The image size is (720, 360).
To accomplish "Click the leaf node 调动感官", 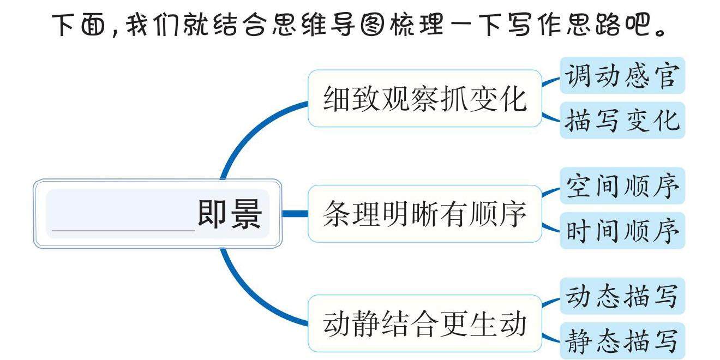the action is [x=622, y=76].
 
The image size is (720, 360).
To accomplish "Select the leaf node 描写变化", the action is [x=622, y=121].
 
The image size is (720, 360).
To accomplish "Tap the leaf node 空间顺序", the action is [x=622, y=186].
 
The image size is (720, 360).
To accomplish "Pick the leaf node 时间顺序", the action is [x=622, y=231].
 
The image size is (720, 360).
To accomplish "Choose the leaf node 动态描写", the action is [x=622, y=296].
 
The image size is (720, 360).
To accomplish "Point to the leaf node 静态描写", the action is [x=622, y=341].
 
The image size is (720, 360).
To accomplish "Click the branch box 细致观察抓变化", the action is [x=425, y=99].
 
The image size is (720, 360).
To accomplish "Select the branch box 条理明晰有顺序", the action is [x=425, y=214].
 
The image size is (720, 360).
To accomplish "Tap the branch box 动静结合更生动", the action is [x=425, y=324].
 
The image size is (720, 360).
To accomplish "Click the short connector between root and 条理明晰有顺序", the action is [x=295, y=214].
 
